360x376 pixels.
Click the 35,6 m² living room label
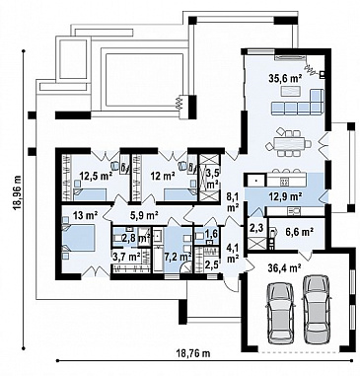[281, 78]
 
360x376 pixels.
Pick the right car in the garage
[316, 309]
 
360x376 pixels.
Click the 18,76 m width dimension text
[193, 354]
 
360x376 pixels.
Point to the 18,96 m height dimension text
[17, 192]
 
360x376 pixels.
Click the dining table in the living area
[289, 143]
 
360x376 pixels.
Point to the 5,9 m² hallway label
[146, 215]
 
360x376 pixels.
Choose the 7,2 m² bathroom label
[180, 256]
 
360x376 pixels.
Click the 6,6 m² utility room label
[300, 232]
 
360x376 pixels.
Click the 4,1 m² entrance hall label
[233, 252]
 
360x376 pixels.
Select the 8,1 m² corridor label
[233, 202]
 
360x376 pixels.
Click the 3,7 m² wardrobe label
[126, 256]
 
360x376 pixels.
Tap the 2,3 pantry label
[257, 228]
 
